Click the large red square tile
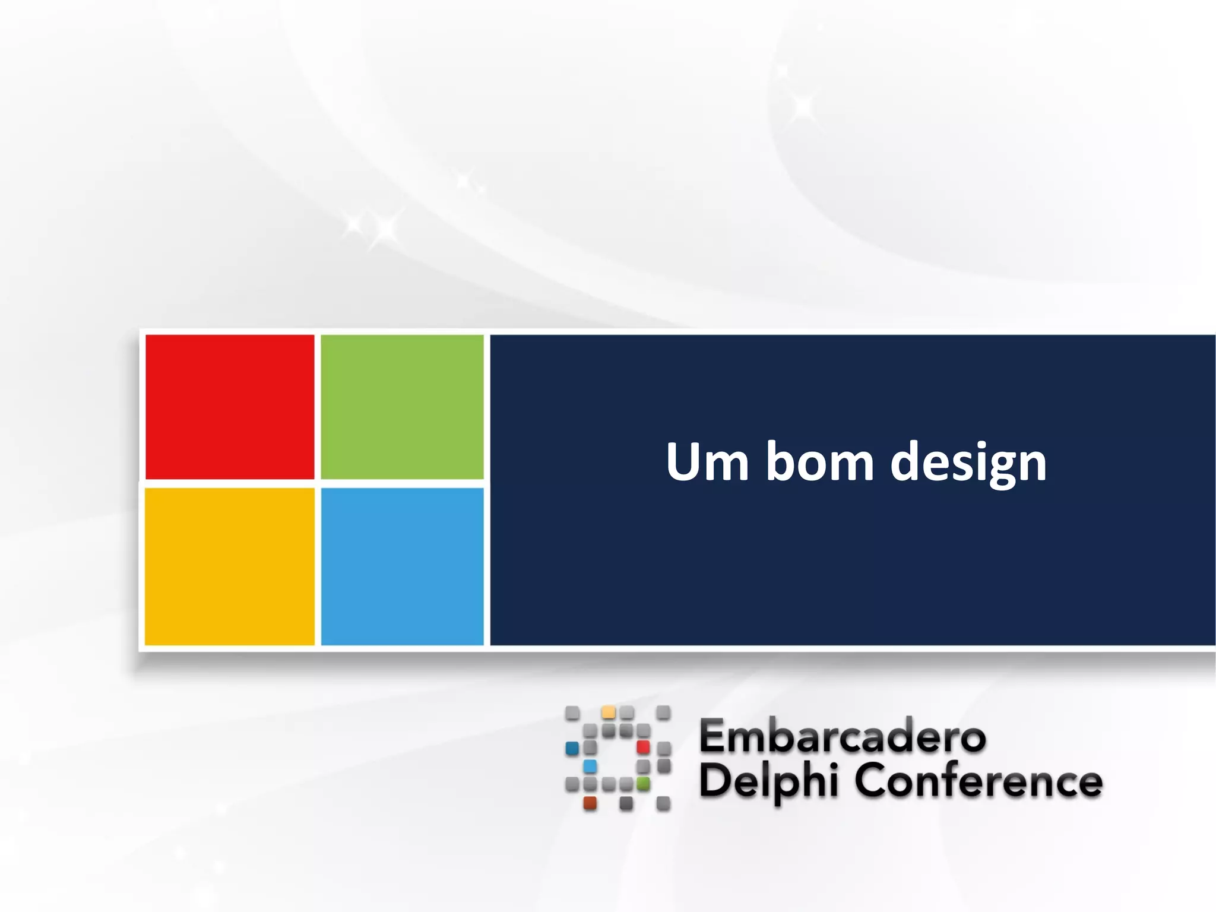click(x=230, y=407)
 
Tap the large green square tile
click(x=402, y=407)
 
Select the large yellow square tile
click(x=230, y=566)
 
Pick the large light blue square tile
click(x=402, y=566)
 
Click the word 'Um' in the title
click(x=707, y=462)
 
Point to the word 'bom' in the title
click(x=819, y=462)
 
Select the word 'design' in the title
click(x=968, y=463)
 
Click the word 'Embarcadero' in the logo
click(x=843, y=736)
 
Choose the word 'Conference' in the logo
click(x=978, y=781)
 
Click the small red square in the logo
click(x=643, y=746)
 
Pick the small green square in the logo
click(x=643, y=784)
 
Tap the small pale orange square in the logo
click(x=608, y=712)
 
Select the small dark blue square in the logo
click(x=572, y=748)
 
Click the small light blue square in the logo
click(x=590, y=766)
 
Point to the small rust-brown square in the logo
click(x=590, y=803)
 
